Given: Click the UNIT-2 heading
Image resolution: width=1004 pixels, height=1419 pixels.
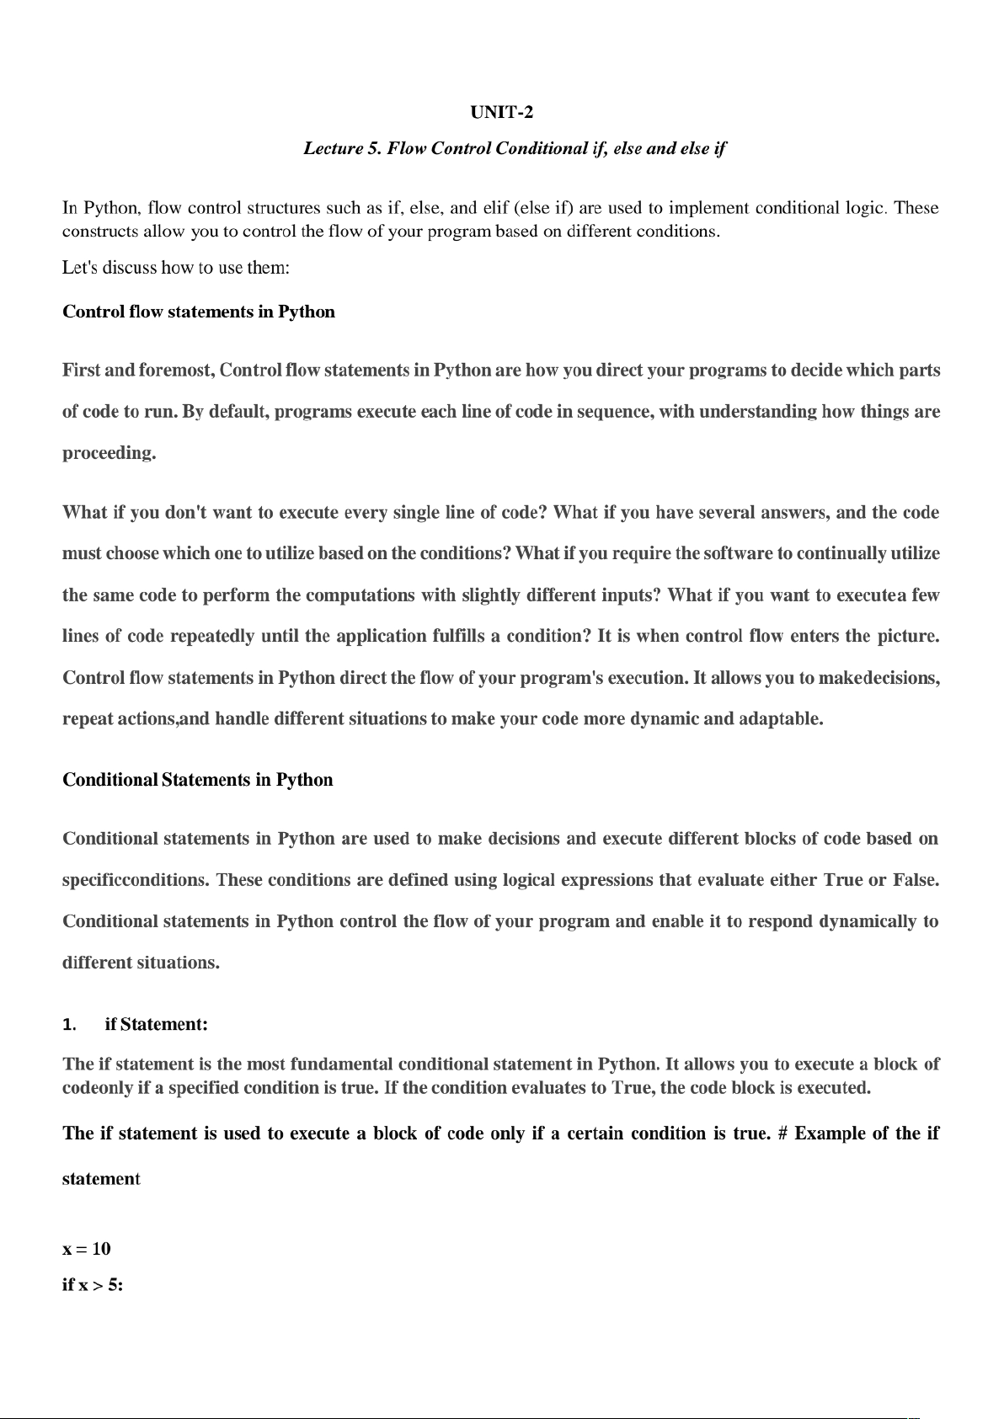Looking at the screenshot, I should pos(501,112).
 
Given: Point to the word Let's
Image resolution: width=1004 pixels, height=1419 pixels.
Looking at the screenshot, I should pos(80,268).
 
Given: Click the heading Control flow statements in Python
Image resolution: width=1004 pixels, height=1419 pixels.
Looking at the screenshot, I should pos(199,312).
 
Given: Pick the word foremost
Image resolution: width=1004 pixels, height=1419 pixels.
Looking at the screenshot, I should pos(176,371).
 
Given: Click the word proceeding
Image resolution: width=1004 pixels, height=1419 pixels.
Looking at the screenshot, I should pos(109,453).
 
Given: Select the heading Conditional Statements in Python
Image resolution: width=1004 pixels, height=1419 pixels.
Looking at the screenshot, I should pos(198,780).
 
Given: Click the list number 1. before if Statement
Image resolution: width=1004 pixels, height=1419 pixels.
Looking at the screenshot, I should pos(70,1025).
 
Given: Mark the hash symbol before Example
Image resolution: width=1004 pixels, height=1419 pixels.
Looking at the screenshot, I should pos(782,1134).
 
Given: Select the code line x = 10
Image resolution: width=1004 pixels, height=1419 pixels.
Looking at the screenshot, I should pos(87,1248).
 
